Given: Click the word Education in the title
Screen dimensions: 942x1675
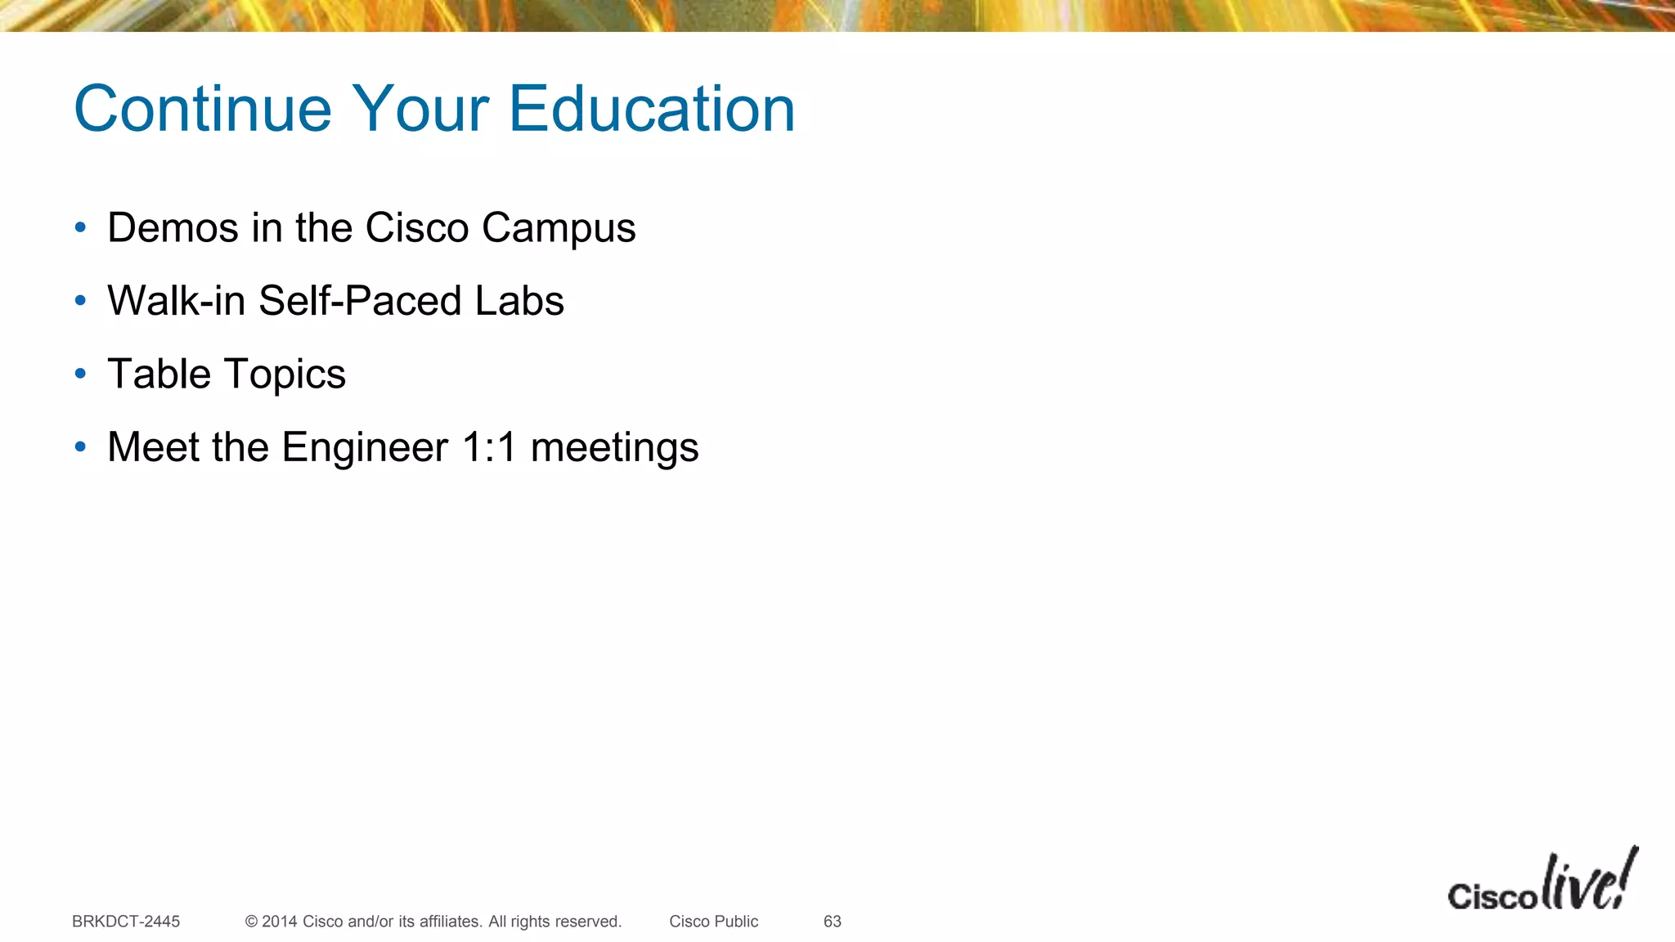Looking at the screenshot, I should click(652, 109).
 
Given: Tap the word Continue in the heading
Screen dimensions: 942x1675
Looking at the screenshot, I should click(203, 109).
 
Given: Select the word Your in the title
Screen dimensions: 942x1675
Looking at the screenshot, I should click(420, 109).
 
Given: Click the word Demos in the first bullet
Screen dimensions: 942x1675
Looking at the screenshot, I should click(173, 227).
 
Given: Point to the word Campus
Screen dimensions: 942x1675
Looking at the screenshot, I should click(559, 229).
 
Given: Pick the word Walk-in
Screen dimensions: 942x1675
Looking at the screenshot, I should click(177, 301).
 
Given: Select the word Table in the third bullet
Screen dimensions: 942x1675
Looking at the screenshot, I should click(159, 375).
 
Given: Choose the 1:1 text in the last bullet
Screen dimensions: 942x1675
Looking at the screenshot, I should click(489, 447).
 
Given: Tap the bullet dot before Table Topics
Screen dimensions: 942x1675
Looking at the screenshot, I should click(80, 375).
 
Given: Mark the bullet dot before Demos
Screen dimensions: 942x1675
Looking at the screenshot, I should click(80, 227).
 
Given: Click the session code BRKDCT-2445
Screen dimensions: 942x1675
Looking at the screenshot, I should click(126, 922).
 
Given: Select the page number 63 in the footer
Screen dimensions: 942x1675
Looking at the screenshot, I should click(833, 922).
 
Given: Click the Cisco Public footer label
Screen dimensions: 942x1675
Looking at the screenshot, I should click(713, 922).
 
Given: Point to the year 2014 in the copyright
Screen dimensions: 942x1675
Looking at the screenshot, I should click(279, 922).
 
